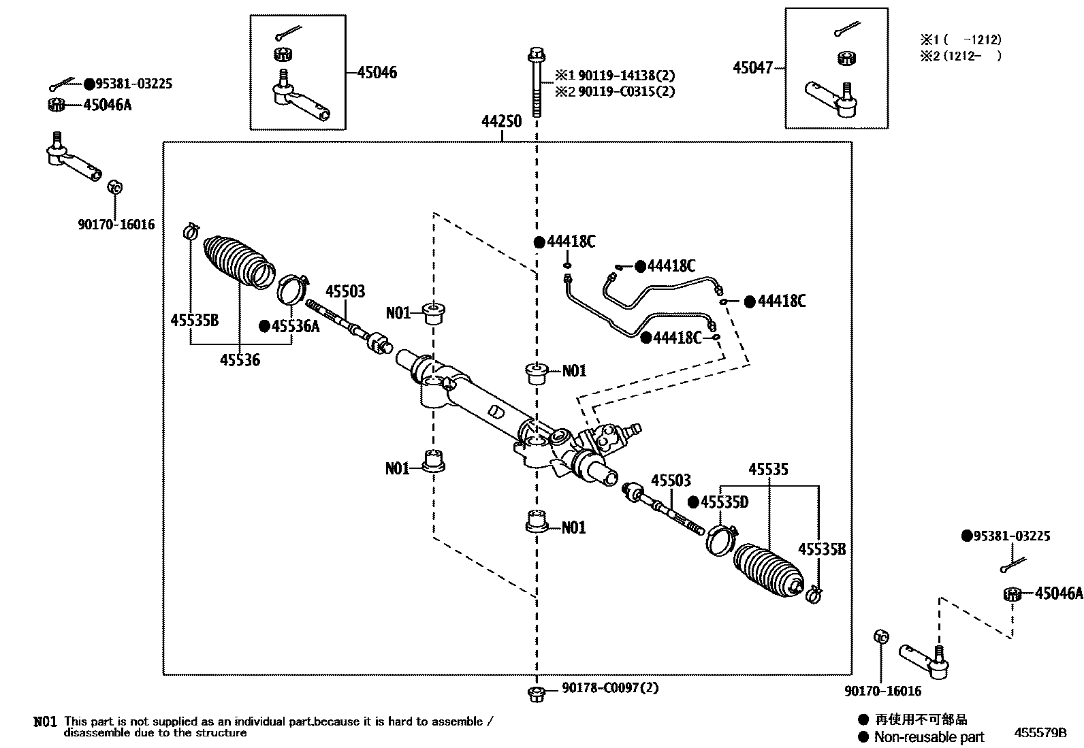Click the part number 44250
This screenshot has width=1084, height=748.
click(501, 122)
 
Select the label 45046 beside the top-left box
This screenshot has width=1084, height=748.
click(377, 72)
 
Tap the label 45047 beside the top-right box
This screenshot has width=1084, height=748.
click(752, 67)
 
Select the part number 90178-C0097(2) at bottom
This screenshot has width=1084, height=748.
click(610, 688)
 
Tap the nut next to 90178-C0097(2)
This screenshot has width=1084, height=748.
click(536, 694)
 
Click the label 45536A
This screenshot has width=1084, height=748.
click(295, 326)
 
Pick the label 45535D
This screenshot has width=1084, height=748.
click(724, 502)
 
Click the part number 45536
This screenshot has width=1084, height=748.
click(240, 359)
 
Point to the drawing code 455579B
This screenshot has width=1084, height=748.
click(1040, 733)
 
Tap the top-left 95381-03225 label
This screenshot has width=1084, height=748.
click(133, 84)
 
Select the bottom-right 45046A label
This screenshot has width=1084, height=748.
click(1058, 593)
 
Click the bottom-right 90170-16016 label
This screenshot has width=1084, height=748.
click(882, 691)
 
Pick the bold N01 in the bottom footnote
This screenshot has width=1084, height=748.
click(45, 721)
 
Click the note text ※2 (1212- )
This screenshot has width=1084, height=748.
click(960, 56)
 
